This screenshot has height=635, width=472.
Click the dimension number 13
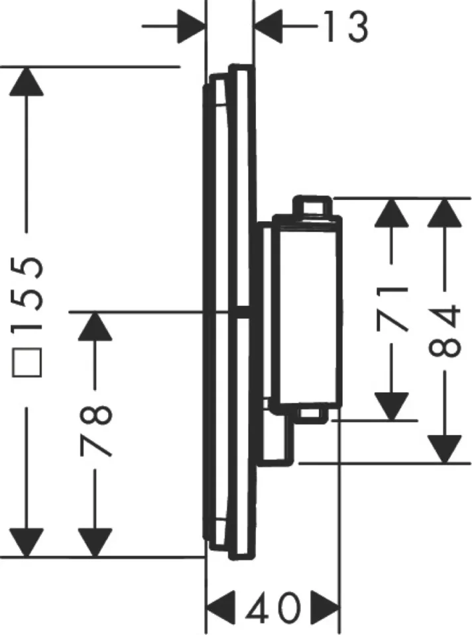[347, 26]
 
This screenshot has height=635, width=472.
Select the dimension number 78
[95, 430]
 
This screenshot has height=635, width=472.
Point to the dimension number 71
[391, 309]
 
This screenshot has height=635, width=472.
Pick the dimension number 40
[272, 608]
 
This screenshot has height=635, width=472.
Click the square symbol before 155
[27, 362]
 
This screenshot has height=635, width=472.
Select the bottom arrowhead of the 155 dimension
[27, 543]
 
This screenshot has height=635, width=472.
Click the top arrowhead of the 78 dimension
[95, 326]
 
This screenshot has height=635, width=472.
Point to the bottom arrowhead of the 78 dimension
[95, 543]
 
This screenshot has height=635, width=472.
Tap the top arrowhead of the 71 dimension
[391, 213]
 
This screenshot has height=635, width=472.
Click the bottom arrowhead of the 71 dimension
[391, 407]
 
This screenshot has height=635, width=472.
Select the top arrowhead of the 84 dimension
[445, 213]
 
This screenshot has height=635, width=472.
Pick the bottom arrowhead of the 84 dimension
[445, 449]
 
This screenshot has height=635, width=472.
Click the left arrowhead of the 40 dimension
[221, 608]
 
